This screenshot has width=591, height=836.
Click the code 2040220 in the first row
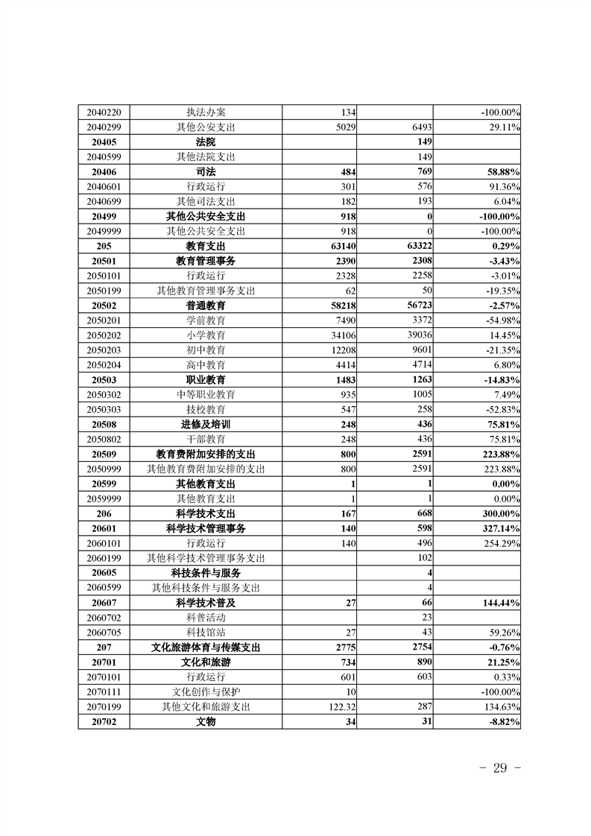point(104,113)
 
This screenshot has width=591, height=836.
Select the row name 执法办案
point(206,113)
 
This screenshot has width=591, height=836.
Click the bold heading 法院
point(206,142)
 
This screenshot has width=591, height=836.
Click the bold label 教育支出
point(206,246)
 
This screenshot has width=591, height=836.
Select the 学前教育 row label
point(206,320)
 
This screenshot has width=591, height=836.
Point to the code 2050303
point(104,410)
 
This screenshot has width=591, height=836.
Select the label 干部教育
point(206,439)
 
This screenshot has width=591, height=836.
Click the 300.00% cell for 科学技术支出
point(500,513)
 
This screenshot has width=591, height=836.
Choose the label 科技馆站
point(206,632)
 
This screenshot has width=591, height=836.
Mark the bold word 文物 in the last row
point(206,721)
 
